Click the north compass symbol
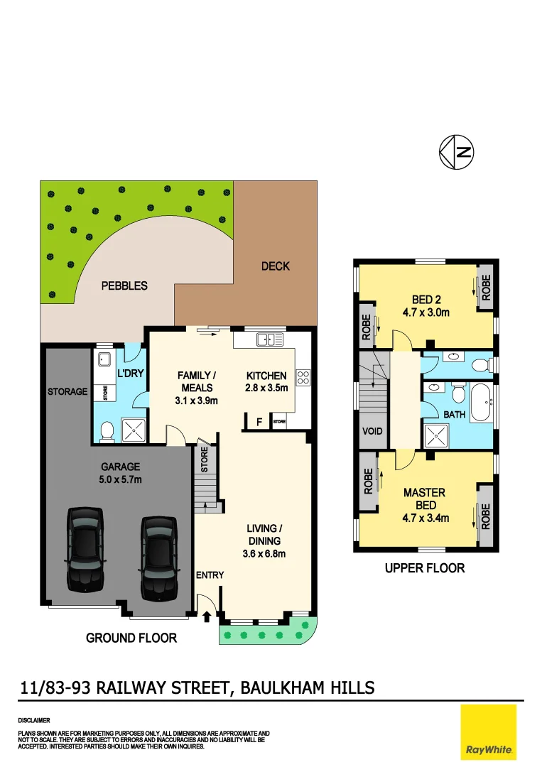click(x=457, y=152)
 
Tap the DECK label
click(x=276, y=266)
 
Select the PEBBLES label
click(x=125, y=285)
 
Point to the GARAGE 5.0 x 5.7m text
click(x=120, y=473)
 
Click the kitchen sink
click(x=271, y=339)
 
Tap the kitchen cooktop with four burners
click(x=303, y=377)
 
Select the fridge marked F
click(x=259, y=422)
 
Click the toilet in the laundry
click(x=107, y=430)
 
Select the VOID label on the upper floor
click(x=372, y=431)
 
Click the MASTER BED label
click(x=424, y=499)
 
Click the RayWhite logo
click(x=489, y=732)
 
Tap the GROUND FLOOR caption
click(x=131, y=638)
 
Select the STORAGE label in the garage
click(x=67, y=391)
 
